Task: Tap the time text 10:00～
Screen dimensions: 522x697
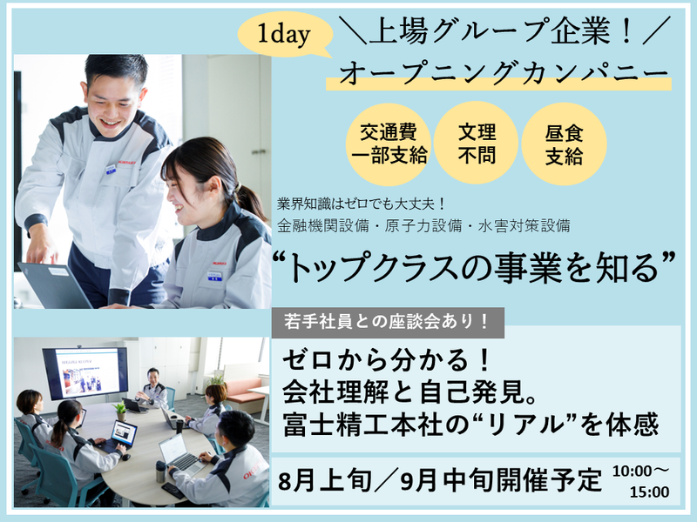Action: [639, 471]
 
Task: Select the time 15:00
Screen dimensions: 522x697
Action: [648, 492]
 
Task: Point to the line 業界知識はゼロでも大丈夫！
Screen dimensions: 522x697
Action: [361, 204]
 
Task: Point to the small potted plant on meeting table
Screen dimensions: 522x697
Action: [120, 409]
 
